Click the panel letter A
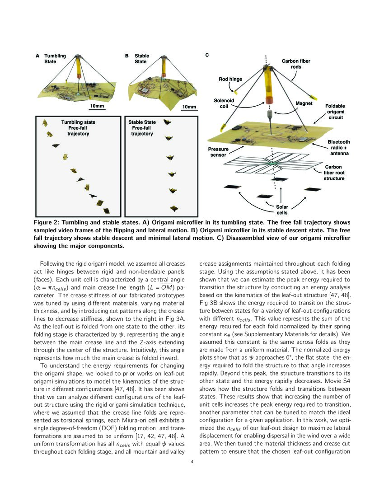37,56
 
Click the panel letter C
207,55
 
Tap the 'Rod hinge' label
230,79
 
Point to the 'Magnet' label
304,103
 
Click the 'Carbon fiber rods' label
296,64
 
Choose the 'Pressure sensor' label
218,152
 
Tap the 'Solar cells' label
282,210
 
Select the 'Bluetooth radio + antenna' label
338,148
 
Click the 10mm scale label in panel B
189,107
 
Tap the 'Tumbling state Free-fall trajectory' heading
78,127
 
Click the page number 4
192,462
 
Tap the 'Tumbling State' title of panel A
55,59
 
